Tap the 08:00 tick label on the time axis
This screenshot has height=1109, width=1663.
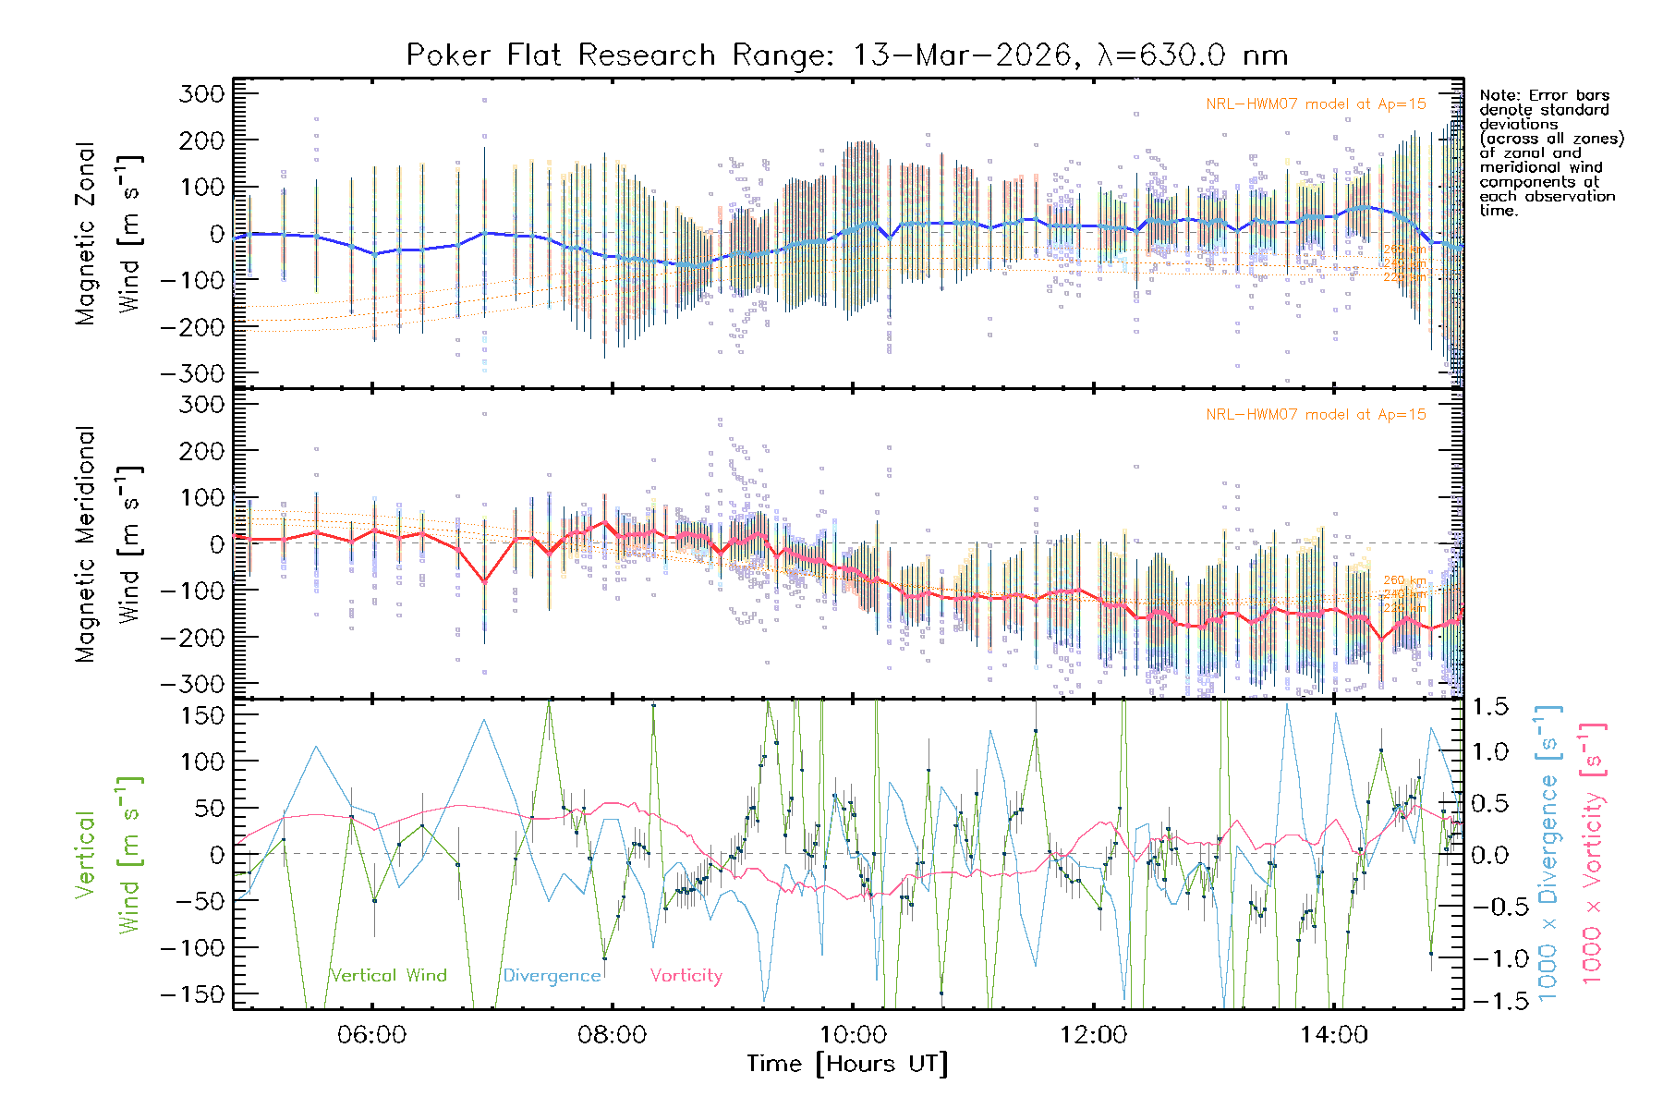(x=612, y=1034)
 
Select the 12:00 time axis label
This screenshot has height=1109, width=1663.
(x=1093, y=1034)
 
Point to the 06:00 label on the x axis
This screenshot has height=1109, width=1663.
(x=371, y=1034)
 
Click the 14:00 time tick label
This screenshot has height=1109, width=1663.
(x=1333, y=1034)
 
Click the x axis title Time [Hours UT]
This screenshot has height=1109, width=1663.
(x=847, y=1064)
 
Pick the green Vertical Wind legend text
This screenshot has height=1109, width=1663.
(x=388, y=975)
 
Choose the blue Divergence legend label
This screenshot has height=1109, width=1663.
(x=552, y=975)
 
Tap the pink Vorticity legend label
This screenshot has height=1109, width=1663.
(x=686, y=975)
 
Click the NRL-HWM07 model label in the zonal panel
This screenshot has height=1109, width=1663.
(x=1316, y=104)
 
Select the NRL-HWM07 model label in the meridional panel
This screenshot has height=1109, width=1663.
(x=1316, y=415)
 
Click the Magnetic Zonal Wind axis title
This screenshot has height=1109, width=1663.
(x=109, y=233)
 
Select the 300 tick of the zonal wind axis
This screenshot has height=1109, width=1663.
(x=201, y=93)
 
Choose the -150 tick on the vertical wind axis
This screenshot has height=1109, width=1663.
(x=192, y=994)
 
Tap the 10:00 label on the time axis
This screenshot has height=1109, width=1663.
(x=852, y=1034)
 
